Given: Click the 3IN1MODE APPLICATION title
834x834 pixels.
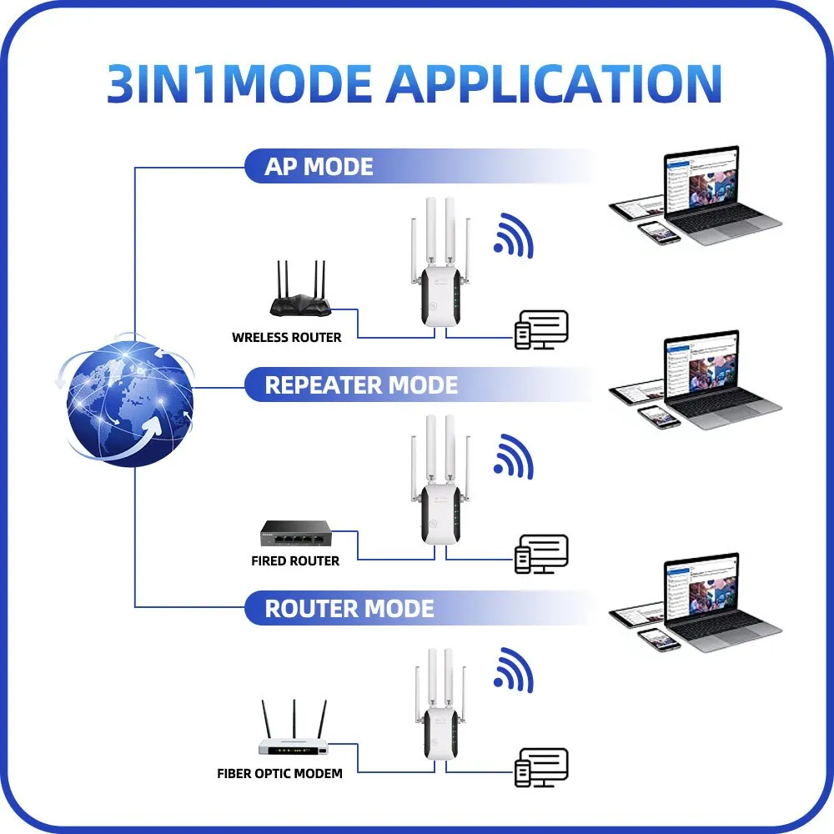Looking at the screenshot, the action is (414, 83).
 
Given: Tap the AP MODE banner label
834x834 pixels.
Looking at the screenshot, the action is (319, 167).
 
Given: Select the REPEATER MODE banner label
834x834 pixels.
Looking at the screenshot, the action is (361, 385).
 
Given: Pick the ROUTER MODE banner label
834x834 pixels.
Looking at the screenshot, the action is (349, 609).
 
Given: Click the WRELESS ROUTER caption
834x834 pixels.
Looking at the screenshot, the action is (287, 337).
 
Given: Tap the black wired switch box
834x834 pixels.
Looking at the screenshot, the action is (296, 534).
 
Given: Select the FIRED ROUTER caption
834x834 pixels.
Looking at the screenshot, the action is (295, 560).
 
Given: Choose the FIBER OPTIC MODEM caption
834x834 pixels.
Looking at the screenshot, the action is (279, 773).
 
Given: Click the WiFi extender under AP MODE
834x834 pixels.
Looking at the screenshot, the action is (440, 262).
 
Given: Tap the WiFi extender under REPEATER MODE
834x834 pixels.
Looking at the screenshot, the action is (440, 480).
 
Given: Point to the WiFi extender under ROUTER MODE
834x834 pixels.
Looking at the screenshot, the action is (440, 704).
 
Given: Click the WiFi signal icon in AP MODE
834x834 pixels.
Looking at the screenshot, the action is (513, 236).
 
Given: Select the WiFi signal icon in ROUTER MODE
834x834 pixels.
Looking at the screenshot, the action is (513, 671).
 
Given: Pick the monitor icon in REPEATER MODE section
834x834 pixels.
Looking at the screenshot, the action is (541, 555).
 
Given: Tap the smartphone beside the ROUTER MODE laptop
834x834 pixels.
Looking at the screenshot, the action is (659, 639).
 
